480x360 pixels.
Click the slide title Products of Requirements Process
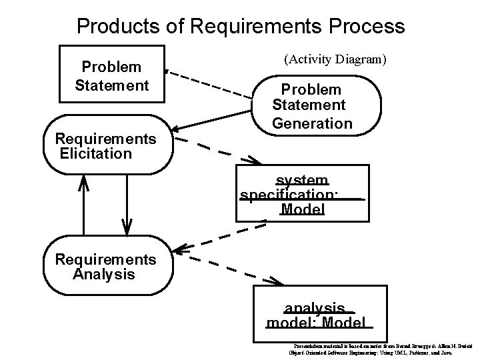pos(241,26)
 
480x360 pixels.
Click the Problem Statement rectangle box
pos(112,74)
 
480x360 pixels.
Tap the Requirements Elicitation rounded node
pos(107,146)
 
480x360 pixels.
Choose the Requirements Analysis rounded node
pos(107,267)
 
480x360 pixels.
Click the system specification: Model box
pos(302,193)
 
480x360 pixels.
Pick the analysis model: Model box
pos(319,315)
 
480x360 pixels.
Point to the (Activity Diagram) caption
pos(335,59)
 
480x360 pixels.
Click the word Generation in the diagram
pos(312,123)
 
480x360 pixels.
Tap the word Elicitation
pos(96,154)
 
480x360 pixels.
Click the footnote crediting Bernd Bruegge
pos(380,349)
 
